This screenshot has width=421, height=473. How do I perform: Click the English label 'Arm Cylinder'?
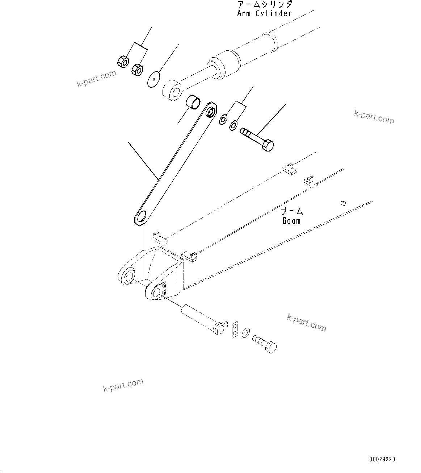point(264,13)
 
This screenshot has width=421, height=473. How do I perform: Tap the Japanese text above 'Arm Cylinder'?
point(265,4)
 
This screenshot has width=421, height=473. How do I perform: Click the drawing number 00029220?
point(382,459)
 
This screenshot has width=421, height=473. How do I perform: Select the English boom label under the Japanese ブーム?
point(292,221)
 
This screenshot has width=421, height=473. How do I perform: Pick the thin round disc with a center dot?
point(154,79)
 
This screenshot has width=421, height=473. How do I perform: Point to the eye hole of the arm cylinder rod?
point(175,92)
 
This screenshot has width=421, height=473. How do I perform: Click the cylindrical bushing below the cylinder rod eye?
point(193,102)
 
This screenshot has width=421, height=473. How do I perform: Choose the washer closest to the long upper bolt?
point(233,126)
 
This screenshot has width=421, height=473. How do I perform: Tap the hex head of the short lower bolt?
point(271,347)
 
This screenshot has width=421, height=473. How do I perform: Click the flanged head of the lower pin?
point(219,328)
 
